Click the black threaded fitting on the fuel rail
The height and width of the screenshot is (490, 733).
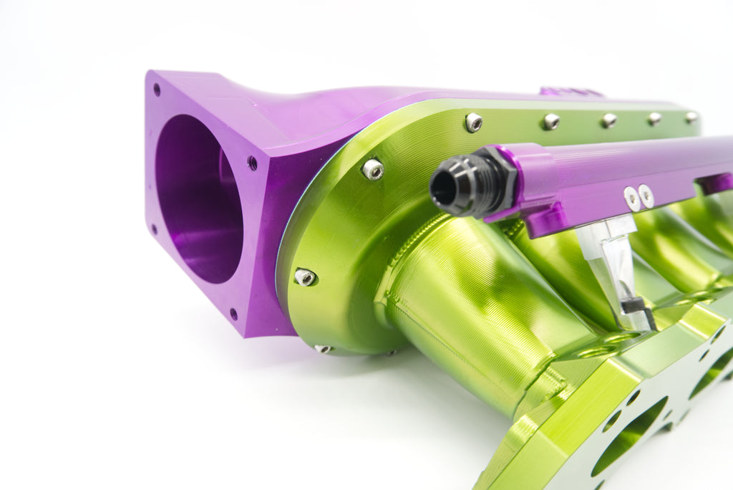coord(467,183)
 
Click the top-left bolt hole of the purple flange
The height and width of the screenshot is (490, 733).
coord(157,90)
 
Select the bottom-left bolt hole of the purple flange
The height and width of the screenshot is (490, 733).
coord(154,229)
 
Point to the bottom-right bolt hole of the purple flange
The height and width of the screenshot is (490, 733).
coord(233,313)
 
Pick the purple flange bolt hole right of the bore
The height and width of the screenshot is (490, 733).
coord(252,163)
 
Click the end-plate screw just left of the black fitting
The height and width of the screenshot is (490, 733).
coord(372,169)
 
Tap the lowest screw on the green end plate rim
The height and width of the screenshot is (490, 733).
coord(323,349)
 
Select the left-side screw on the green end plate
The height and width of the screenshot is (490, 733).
coord(305,277)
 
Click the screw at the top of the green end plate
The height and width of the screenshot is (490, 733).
coord(473,123)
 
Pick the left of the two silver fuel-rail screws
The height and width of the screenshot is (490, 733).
coord(631,198)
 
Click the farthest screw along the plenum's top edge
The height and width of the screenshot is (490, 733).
coord(691,116)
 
